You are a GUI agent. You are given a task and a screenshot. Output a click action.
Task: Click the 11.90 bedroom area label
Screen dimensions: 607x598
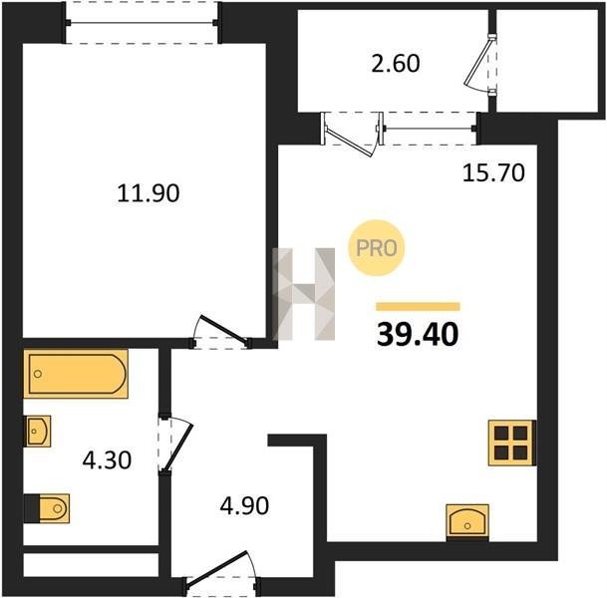coord(149,193)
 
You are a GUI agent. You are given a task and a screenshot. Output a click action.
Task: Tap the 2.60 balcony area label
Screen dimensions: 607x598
coord(396,64)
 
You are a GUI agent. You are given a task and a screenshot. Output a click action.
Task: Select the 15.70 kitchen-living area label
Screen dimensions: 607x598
coord(493,172)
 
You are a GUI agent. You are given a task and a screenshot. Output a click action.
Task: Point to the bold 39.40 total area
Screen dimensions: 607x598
coord(418,335)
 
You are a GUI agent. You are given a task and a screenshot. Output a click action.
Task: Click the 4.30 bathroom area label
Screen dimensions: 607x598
coord(107,460)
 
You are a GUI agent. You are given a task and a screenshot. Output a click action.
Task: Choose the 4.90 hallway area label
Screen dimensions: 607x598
coord(244,506)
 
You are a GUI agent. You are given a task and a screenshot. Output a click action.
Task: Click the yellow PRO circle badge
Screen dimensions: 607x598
coord(377,248)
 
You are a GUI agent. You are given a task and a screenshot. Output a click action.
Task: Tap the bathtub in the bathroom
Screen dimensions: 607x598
coord(76,374)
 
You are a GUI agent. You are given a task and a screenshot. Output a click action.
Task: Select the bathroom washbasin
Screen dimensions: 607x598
coord(38,432)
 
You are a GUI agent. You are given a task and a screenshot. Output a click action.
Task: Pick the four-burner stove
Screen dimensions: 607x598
coord(511,443)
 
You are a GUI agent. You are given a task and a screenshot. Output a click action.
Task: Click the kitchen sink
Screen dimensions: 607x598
coord(467,521)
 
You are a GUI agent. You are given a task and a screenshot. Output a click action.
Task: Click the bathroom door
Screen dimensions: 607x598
coord(175,445)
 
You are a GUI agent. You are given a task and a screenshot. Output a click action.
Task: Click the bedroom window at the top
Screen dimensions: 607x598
coord(142,23)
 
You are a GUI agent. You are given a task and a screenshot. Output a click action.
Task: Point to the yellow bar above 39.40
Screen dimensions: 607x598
coord(418,307)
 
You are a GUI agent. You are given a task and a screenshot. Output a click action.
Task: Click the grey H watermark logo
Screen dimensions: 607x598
coord(303,294)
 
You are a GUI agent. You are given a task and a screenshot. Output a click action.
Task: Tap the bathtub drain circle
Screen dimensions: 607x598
coord(38,374)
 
